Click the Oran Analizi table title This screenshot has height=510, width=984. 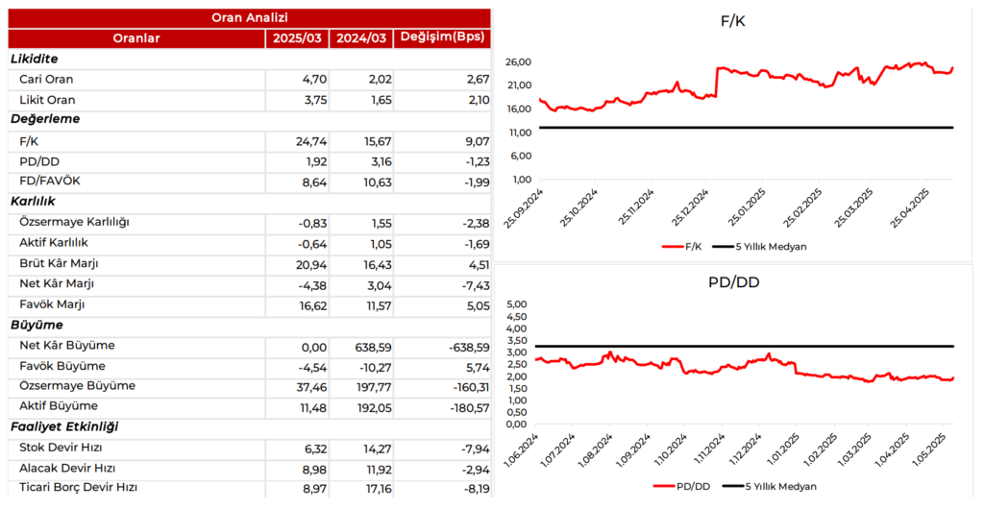249,17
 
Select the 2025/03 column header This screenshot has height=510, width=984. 296,38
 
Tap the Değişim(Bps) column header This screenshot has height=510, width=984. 441,38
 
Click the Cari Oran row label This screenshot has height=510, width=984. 46,80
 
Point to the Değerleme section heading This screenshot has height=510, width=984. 45,120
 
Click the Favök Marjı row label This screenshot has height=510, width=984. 52,304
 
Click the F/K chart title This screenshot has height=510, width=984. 732,21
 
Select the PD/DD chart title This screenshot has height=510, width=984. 732,282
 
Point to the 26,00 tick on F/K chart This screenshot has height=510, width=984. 518,62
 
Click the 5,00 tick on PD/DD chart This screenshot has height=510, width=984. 516,304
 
